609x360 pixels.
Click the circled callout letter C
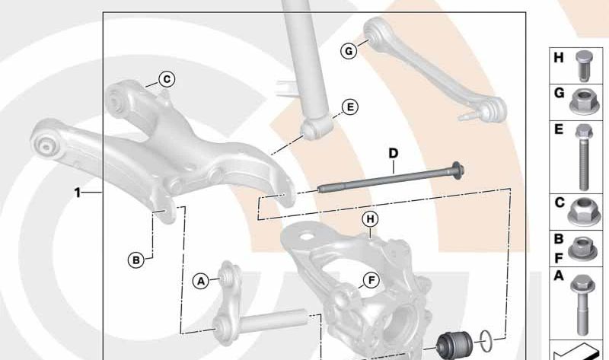pyautogui.click(x=167, y=80)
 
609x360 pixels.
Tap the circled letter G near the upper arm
pyautogui.click(x=349, y=51)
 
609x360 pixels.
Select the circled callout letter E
pyautogui.click(x=350, y=107)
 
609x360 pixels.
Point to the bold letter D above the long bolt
pyautogui.click(x=394, y=154)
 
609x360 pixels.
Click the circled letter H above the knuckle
pyautogui.click(x=370, y=219)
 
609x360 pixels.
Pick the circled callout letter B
pyautogui.click(x=136, y=260)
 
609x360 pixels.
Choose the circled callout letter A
pyautogui.click(x=201, y=281)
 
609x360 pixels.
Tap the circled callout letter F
pyautogui.click(x=371, y=280)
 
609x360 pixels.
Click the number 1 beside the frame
pyautogui.click(x=78, y=193)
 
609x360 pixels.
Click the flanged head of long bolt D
pyautogui.click(x=458, y=171)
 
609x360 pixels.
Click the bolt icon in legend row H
pyautogui.click(x=582, y=65)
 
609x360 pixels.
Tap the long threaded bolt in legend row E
pyautogui.click(x=583, y=158)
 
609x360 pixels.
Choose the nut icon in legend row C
pyautogui.click(x=582, y=212)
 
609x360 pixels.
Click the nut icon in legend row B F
pyautogui.click(x=582, y=248)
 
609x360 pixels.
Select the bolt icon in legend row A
pyautogui.click(x=581, y=305)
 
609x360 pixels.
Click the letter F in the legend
pyautogui.click(x=559, y=258)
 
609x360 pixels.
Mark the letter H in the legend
pyautogui.click(x=559, y=58)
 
